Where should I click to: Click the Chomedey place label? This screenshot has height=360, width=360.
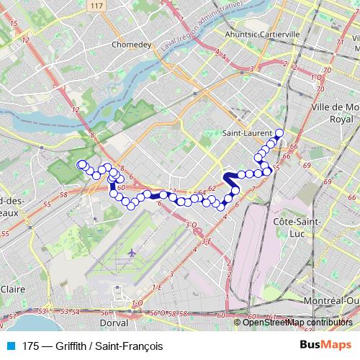(130, 43)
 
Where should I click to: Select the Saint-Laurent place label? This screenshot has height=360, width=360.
(247, 133)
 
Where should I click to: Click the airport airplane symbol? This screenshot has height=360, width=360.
(132, 254)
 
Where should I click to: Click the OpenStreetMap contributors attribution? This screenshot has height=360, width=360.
(297, 322)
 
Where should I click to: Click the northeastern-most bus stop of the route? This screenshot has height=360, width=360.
(279, 132)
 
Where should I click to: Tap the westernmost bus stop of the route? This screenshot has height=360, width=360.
(81, 164)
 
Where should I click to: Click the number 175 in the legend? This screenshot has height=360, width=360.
(30, 346)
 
